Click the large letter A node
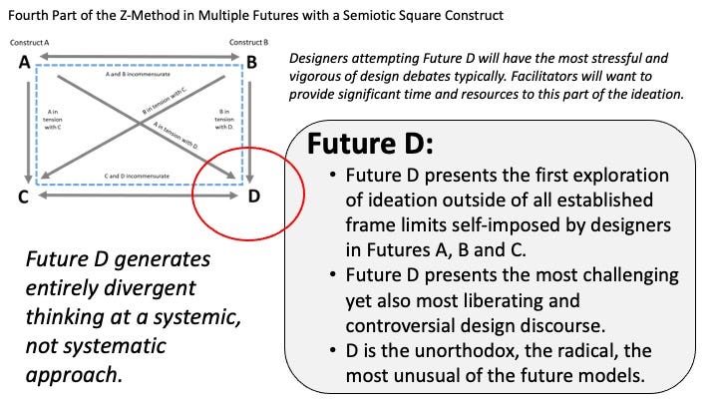(22, 64)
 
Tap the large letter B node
(253, 64)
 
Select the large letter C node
(22, 196)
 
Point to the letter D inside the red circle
(253, 196)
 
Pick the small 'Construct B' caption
(247, 43)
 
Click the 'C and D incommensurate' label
(137, 176)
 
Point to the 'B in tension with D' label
(223, 119)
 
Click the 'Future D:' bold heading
(369, 146)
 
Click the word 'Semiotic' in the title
(405, 14)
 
